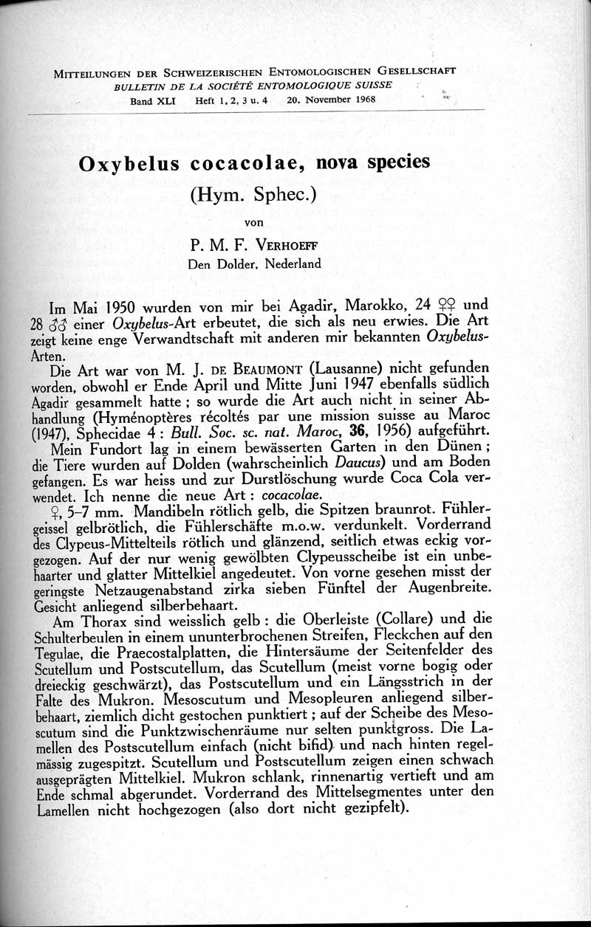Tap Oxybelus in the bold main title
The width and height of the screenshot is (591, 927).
click(x=129, y=163)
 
